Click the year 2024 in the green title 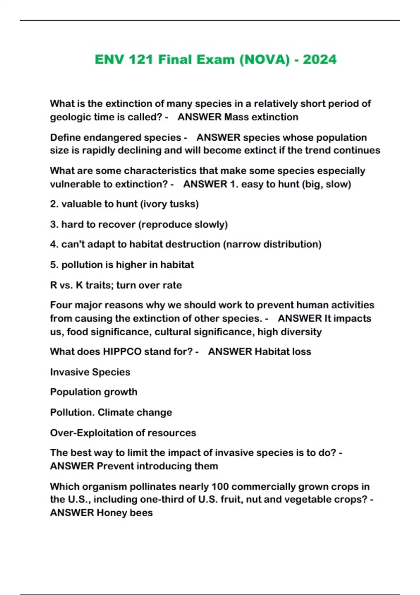320,59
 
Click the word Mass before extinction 237,117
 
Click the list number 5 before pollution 54,265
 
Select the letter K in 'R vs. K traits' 79,285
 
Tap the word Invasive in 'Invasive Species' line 71,372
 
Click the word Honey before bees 114,513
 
